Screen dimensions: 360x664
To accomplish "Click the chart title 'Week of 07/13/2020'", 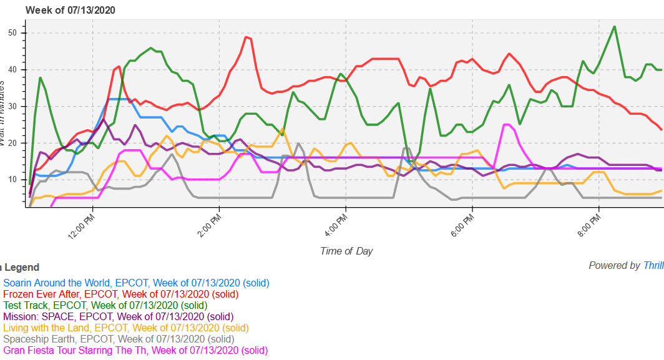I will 70,10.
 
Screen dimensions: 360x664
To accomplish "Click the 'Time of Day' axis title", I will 346,251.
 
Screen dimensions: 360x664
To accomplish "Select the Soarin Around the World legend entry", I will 136,283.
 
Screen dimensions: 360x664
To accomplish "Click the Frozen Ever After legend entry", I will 120,294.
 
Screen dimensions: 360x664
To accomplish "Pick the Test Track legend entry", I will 105,306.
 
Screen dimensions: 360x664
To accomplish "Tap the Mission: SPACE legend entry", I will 118,317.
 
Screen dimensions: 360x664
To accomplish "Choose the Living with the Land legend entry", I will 125,328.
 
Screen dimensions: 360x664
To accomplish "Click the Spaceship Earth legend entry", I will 119,339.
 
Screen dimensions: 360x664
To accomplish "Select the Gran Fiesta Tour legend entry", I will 135,351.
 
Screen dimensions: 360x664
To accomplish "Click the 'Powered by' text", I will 615,266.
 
